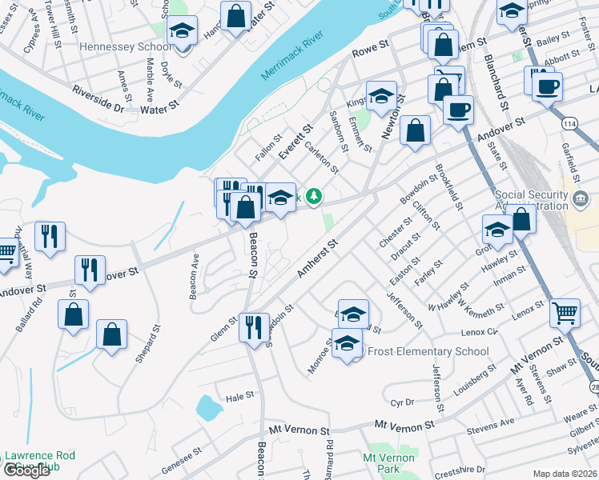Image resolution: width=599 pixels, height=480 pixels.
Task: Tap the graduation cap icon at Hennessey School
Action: (x=183, y=31)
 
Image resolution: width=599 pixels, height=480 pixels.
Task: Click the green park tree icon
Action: (x=316, y=195)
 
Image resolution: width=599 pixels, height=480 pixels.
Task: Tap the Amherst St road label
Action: (x=314, y=262)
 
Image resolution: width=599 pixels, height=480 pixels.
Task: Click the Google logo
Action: (x=26, y=470)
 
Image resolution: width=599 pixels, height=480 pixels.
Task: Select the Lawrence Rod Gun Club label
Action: (x=40, y=461)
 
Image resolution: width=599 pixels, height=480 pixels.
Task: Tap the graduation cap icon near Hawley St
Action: (x=497, y=228)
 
